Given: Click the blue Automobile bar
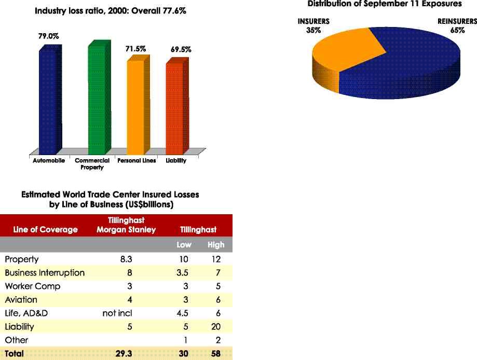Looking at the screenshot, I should (50, 99).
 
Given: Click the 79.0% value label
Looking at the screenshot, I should (48, 37).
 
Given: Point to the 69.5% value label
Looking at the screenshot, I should (181, 50).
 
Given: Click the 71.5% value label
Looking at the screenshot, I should (136, 49).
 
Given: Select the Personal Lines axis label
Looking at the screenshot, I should (137, 161).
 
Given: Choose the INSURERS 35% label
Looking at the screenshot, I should (313, 26).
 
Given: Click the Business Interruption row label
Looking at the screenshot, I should (45, 273).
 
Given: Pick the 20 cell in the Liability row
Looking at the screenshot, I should (216, 327).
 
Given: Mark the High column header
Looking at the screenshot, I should (216, 245).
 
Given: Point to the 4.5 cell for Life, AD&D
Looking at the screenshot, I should (185, 313).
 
